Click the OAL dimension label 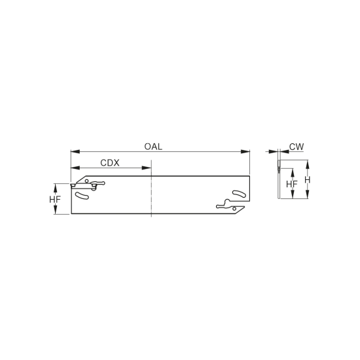(153, 147)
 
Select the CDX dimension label (110, 163)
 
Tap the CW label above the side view (297, 147)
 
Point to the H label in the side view (308, 180)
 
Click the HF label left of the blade (55, 200)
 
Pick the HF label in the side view (292, 184)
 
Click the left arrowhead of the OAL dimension (75, 152)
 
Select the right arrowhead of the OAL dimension (245, 152)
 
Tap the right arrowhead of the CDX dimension (147, 168)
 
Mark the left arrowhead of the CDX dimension (75, 168)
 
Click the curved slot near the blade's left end (82, 196)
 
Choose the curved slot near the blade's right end (239, 194)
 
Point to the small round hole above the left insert (86, 181)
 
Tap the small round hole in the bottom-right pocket (234, 208)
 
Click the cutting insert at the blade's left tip (73, 185)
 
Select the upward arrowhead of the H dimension (308, 165)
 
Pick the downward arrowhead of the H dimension (308, 194)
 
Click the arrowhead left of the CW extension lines (273, 152)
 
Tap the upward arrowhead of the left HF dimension (55, 189)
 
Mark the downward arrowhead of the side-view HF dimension (293, 194)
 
